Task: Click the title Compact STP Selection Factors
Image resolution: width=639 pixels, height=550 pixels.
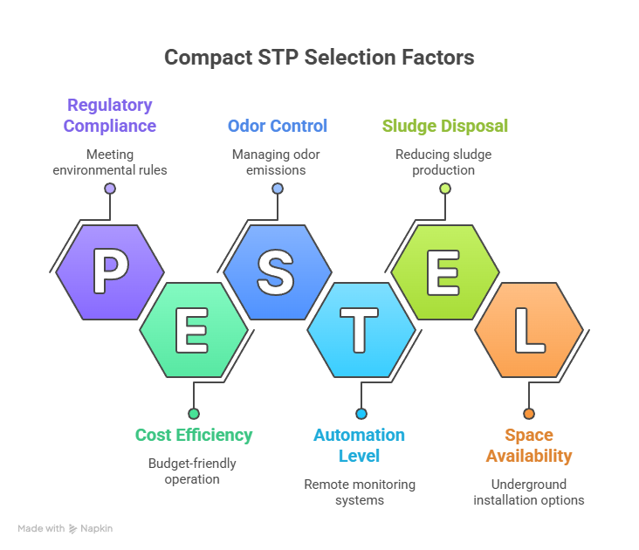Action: (319, 58)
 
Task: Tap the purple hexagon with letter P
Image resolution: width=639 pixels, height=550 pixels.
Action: (110, 272)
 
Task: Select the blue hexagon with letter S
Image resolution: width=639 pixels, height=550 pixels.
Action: (278, 272)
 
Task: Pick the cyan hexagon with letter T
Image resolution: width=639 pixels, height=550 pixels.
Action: (361, 330)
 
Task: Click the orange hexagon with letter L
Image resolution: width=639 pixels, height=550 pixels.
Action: (529, 330)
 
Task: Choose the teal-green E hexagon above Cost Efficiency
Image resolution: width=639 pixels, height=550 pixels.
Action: (194, 330)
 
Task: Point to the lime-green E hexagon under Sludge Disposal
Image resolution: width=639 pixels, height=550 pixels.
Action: (445, 272)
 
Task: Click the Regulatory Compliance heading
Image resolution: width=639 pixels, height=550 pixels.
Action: (110, 115)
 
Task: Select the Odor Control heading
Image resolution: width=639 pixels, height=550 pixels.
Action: (278, 126)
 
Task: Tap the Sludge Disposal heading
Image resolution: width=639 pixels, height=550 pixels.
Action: (445, 126)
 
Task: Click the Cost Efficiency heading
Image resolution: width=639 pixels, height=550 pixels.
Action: (194, 435)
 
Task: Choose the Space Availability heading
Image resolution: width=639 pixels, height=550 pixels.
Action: (529, 445)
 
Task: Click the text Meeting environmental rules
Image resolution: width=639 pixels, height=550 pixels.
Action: (110, 162)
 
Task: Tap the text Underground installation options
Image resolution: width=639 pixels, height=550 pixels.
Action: (529, 492)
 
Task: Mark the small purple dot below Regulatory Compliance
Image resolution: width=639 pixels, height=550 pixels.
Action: (110, 189)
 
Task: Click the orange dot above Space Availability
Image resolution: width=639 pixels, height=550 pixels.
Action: (529, 414)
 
